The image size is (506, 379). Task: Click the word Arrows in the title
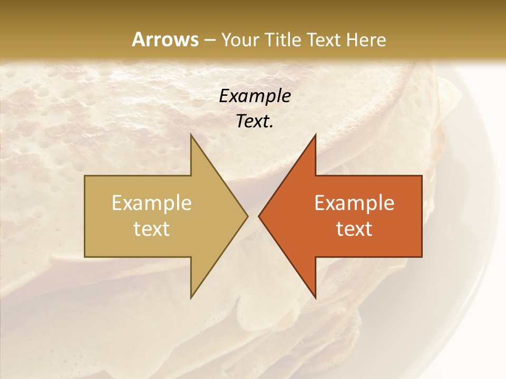(x=165, y=39)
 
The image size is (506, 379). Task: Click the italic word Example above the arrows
(x=255, y=96)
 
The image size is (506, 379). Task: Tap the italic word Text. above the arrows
(x=255, y=122)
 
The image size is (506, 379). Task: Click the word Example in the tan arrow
(x=152, y=203)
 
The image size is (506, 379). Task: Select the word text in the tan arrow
(x=152, y=229)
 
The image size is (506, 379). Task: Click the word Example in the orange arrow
(x=354, y=203)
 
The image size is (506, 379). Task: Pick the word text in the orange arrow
(x=354, y=229)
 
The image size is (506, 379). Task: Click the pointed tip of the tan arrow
(x=248, y=216)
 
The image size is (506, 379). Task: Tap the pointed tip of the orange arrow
(x=258, y=216)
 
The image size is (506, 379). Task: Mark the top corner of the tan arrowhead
(x=191, y=134)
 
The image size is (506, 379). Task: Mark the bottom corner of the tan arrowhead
(x=191, y=298)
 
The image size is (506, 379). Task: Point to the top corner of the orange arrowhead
(x=315, y=134)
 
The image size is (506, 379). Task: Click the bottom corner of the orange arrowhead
(x=315, y=298)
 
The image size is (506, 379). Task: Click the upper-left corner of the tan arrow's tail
(x=85, y=175)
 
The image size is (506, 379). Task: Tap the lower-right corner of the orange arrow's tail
(x=422, y=257)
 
